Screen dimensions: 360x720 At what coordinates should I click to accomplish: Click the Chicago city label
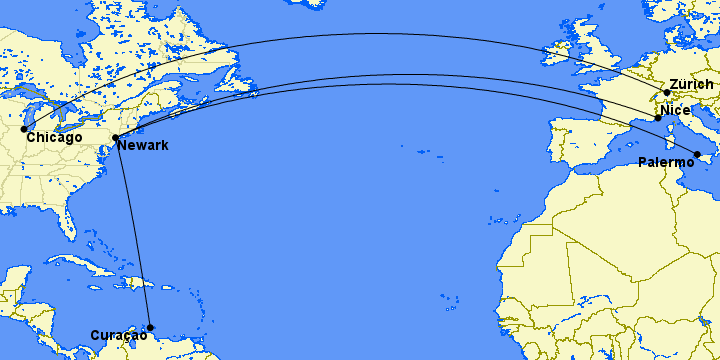click(x=55, y=137)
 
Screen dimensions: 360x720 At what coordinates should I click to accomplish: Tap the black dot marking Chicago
click(x=24, y=129)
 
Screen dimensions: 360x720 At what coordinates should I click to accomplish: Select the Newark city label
click(x=142, y=146)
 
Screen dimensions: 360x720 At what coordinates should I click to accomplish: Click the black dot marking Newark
click(x=116, y=138)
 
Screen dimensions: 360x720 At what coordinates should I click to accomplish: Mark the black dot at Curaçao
click(x=151, y=327)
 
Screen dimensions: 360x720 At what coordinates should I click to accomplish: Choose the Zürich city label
click(x=692, y=84)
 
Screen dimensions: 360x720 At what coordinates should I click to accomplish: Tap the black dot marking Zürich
click(x=667, y=93)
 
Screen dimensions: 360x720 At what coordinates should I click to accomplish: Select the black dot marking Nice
click(x=658, y=119)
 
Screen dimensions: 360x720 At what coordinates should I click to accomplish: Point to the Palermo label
click(x=667, y=162)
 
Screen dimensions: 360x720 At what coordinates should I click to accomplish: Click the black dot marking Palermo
click(x=697, y=154)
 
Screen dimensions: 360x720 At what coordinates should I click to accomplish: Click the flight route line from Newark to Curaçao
click(x=134, y=235)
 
